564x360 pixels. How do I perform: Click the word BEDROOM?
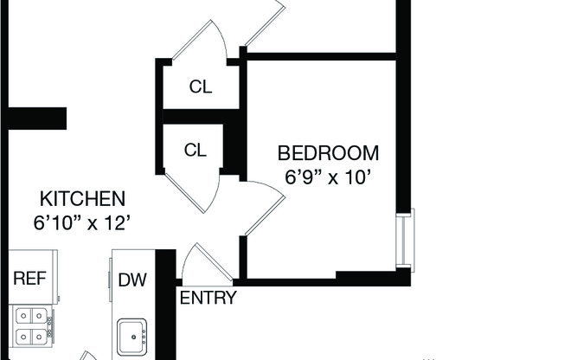(x=328, y=153)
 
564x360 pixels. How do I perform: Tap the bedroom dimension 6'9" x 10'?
(x=328, y=177)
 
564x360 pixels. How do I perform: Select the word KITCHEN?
(x=82, y=199)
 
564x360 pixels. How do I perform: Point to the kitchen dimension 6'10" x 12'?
(x=81, y=223)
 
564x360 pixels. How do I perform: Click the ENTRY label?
(x=208, y=298)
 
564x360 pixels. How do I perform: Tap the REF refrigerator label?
(x=30, y=279)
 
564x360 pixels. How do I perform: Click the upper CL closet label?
(x=201, y=87)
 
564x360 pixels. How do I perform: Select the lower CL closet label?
(x=195, y=150)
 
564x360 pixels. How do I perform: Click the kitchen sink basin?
(x=132, y=337)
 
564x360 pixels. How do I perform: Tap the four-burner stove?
(x=32, y=326)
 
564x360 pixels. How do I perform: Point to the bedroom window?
(x=406, y=240)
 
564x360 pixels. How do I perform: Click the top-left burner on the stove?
(x=23, y=316)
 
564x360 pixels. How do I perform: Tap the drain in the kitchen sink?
(x=134, y=337)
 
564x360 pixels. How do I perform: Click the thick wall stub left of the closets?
(x=37, y=118)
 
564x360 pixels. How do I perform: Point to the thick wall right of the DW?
(x=166, y=305)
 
